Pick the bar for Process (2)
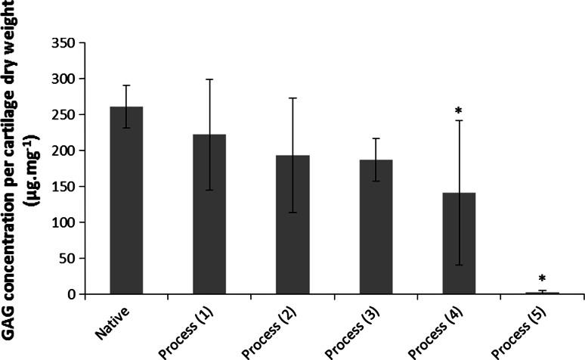[292, 225]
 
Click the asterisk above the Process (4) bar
[459, 112]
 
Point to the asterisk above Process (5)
[542, 280]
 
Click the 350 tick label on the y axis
[64, 43]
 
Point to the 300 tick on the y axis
[64, 79]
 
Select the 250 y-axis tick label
[64, 115]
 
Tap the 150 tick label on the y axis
[64, 187]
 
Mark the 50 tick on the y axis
[67, 259]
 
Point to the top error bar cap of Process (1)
[209, 79]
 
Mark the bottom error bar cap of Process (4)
[459, 265]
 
